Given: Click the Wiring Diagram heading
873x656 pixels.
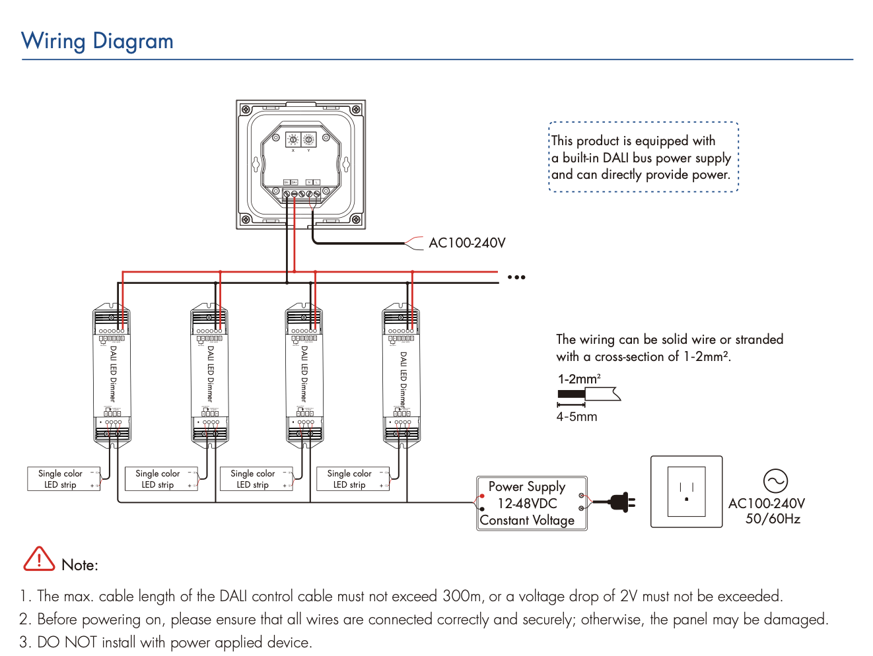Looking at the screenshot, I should tap(97, 41).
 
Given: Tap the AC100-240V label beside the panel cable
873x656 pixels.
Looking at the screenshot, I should tap(467, 243).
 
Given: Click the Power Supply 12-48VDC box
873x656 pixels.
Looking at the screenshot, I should tap(531, 504).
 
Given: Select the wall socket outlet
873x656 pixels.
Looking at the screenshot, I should tap(686, 492).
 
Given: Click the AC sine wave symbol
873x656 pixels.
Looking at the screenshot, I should tap(775, 481).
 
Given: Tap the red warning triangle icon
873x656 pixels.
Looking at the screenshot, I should tap(39, 560).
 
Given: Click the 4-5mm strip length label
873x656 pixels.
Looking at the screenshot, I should tap(576, 417).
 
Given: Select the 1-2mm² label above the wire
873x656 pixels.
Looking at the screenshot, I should tap(579, 379).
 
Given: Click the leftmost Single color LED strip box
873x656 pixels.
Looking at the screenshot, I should tap(63, 479).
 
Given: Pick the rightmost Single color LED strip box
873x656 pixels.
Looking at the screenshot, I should tap(353, 479).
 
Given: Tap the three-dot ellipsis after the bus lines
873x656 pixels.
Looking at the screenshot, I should tap(516, 277).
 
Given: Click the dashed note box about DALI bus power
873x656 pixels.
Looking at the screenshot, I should tap(643, 157).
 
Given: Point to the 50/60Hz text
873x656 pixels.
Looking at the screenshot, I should tap(773, 519).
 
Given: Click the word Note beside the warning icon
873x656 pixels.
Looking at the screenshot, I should tap(79, 565).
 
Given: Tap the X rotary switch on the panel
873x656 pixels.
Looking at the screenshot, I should tap(293, 140).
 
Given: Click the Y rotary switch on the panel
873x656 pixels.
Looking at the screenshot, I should tap(308, 140).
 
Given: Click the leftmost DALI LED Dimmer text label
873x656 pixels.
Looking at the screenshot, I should tap(113, 374).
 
